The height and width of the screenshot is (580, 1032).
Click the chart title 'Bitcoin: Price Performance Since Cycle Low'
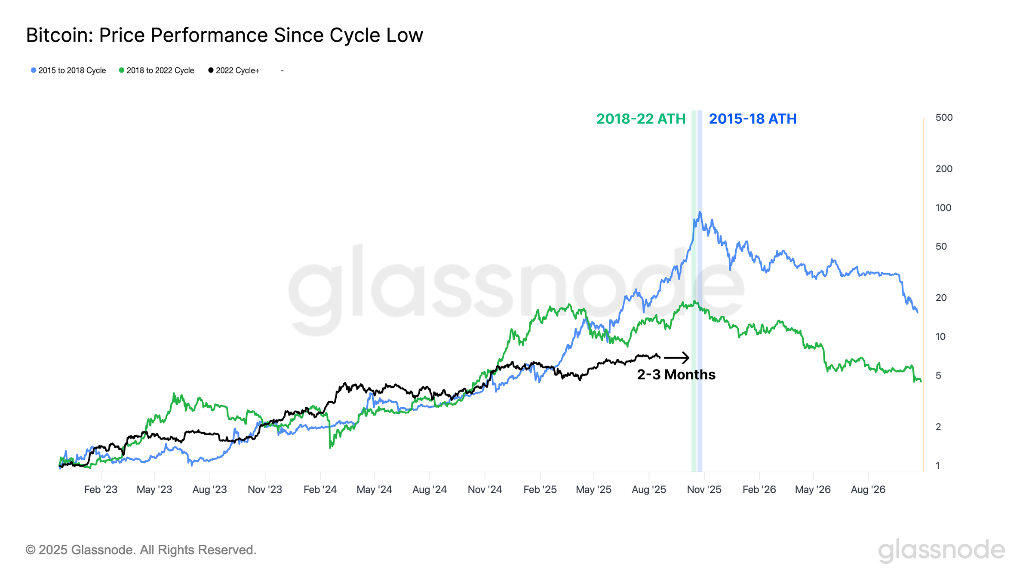pyautogui.click(x=224, y=35)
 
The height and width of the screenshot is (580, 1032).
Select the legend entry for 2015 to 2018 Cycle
pyautogui.click(x=69, y=70)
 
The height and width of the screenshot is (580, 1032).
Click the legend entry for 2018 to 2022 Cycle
pyautogui.click(x=157, y=70)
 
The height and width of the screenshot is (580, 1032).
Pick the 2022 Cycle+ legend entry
pyautogui.click(x=234, y=70)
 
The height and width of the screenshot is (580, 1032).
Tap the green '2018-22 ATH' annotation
pyautogui.click(x=641, y=119)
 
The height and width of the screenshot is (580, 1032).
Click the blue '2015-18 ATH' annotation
pyautogui.click(x=752, y=119)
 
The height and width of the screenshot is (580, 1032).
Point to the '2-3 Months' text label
pyautogui.click(x=676, y=375)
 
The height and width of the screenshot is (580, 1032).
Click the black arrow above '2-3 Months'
pyautogui.click(x=677, y=357)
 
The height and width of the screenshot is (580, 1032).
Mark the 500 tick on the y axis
pyautogui.click(x=944, y=118)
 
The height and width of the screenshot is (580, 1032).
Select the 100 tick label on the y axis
pyautogui.click(x=943, y=208)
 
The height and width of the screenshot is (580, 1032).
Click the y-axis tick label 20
pyautogui.click(x=941, y=298)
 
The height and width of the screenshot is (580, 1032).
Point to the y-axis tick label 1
pyautogui.click(x=938, y=466)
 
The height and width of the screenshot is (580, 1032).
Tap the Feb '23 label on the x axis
pyautogui.click(x=101, y=490)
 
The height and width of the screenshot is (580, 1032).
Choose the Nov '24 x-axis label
pyautogui.click(x=485, y=490)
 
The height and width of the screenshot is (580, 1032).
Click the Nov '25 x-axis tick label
pyautogui.click(x=704, y=490)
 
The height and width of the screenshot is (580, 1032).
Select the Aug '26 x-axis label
pyautogui.click(x=868, y=490)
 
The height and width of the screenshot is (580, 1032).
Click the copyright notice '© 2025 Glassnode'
pyautogui.click(x=141, y=550)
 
